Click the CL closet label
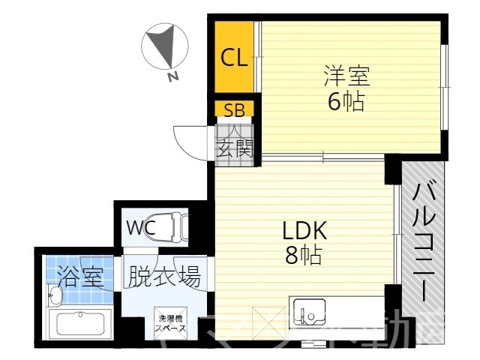tap(233, 58)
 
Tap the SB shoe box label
tap(233, 110)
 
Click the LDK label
tap(304, 230)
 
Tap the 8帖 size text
tap(303, 256)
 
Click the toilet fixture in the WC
tap(175, 227)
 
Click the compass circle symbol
tap(164, 46)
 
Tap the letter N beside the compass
tap(173, 76)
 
